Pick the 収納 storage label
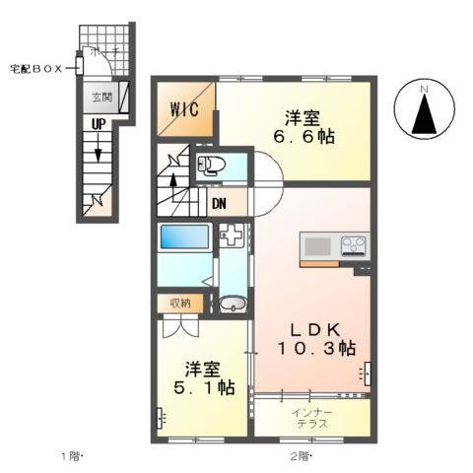(x=178, y=303)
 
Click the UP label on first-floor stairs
(x=100, y=125)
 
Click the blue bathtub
(x=183, y=238)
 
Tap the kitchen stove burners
(x=353, y=244)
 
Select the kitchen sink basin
(x=319, y=244)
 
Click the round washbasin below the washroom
(x=233, y=304)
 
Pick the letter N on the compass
(x=425, y=92)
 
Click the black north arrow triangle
(x=425, y=116)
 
